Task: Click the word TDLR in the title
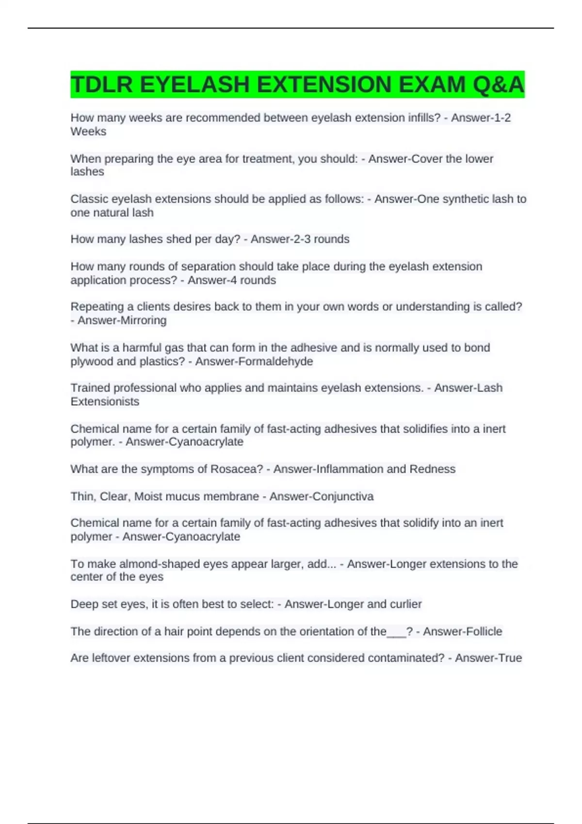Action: click(101, 85)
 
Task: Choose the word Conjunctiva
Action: click(346, 497)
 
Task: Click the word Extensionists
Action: click(105, 402)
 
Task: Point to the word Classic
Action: click(89, 199)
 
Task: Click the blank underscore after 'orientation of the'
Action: click(396, 633)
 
